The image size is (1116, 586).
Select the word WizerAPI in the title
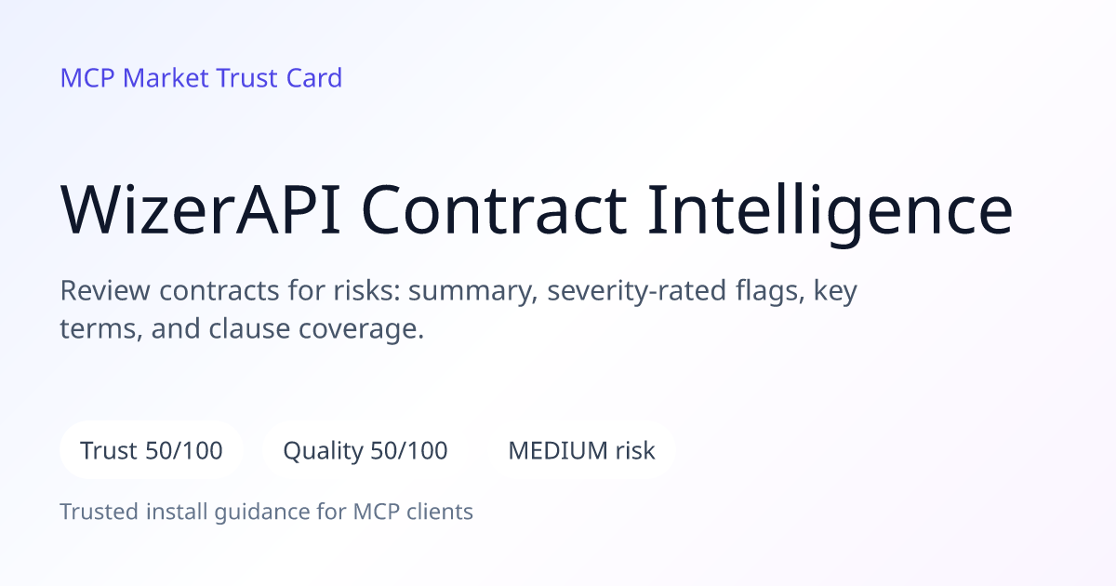(200, 209)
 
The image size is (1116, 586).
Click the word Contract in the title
(494, 209)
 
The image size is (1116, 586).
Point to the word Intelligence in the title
(830, 213)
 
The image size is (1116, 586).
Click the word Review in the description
(105, 290)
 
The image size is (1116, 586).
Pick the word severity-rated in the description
(637, 291)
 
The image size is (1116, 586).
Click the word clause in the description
(249, 329)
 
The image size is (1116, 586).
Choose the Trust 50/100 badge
(152, 450)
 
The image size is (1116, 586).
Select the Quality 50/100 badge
(365, 450)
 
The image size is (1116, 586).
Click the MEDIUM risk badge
(581, 450)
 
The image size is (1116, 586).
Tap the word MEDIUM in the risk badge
(557, 450)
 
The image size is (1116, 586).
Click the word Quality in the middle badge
(324, 451)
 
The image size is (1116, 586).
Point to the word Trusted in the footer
(100, 512)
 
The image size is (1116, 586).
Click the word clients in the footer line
(440, 512)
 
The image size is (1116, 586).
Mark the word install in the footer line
(177, 512)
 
